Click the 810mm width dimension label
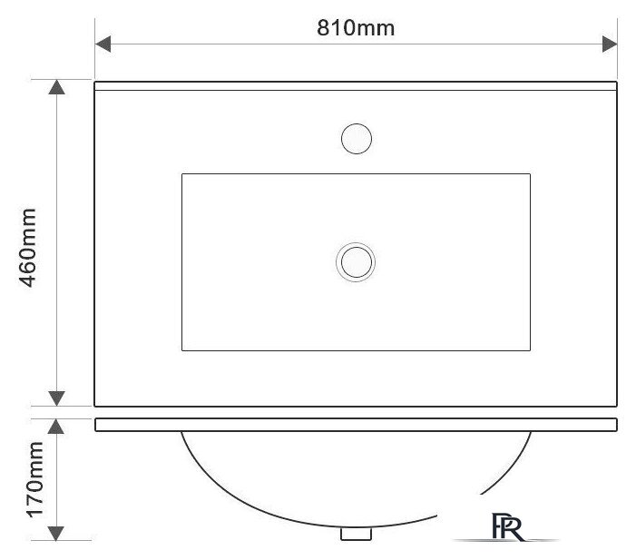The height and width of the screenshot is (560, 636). (356, 28)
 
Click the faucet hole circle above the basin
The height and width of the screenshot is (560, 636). (356, 139)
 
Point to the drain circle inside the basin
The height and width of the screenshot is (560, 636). (356, 262)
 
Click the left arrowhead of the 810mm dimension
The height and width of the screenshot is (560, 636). (103, 44)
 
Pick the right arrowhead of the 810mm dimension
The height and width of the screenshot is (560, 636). (610, 44)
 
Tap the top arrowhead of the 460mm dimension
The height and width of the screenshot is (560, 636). (56, 88)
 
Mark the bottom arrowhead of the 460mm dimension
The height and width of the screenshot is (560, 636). (56, 398)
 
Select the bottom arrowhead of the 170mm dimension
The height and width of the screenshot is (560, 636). (56, 532)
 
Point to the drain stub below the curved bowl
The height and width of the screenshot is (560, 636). (356, 535)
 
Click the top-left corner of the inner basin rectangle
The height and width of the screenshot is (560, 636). (182, 173)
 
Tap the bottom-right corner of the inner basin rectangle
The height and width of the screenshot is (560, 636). (530, 350)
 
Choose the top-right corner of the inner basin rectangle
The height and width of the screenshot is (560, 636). (530, 173)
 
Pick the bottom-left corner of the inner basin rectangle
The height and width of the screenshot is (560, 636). (182, 350)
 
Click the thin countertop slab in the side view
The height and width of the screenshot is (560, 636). (356, 424)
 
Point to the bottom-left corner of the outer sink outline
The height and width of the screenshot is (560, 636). (96, 405)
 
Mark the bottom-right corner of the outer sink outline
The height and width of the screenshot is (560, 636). (617, 405)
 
